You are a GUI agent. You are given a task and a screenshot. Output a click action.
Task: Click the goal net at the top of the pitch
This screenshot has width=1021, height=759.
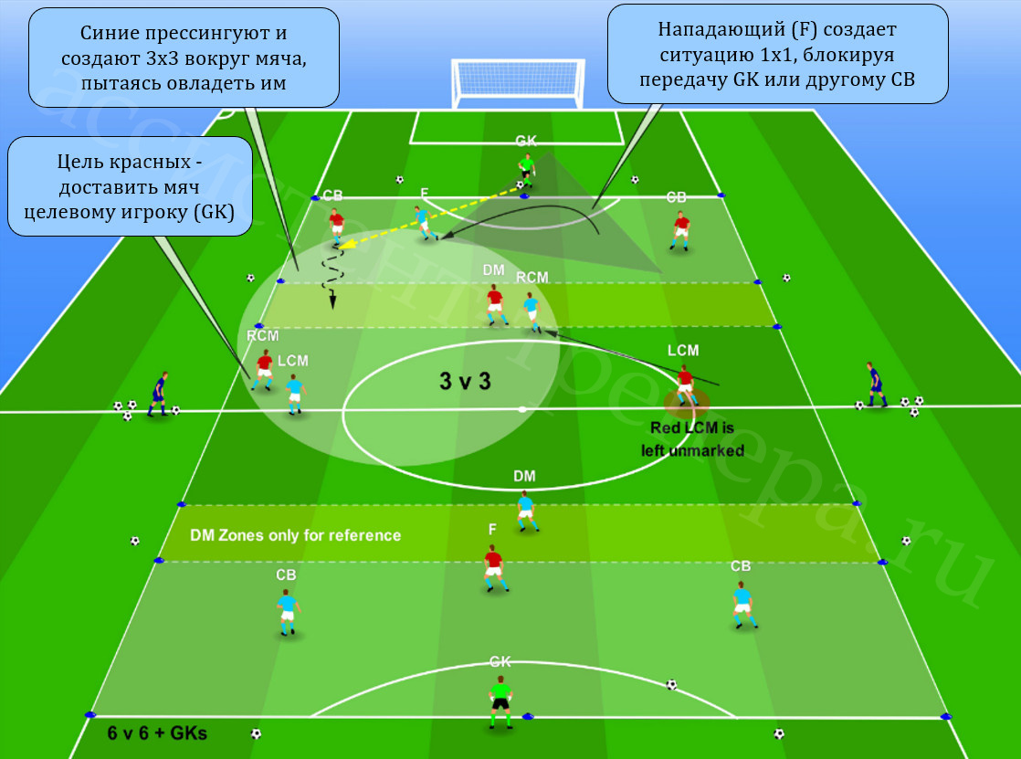pyautogui.click(x=518, y=83)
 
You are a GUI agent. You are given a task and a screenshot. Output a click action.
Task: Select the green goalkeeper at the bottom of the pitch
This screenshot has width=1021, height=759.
pyautogui.click(x=500, y=702)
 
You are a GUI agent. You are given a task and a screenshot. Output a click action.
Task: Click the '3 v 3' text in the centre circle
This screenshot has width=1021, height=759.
pyautogui.click(x=465, y=381)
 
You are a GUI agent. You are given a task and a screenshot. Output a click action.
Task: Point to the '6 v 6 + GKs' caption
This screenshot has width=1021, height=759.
pyautogui.click(x=157, y=733)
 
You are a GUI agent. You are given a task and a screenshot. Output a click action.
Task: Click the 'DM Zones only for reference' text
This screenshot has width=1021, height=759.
pyautogui.click(x=295, y=535)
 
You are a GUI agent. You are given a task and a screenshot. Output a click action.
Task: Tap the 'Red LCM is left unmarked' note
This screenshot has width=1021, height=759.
pyautogui.click(x=692, y=439)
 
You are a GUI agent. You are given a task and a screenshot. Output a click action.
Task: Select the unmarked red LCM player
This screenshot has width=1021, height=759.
pyautogui.click(x=685, y=385)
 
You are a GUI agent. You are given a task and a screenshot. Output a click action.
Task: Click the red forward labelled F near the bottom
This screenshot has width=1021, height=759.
pyautogui.click(x=494, y=568)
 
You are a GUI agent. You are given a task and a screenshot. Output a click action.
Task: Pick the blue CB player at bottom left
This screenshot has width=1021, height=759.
pyautogui.click(x=287, y=612)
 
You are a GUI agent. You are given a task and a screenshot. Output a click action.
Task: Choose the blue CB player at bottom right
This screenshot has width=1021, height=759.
pyautogui.click(x=743, y=606)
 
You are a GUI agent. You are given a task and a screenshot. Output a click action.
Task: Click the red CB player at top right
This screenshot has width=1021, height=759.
pyautogui.click(x=680, y=231)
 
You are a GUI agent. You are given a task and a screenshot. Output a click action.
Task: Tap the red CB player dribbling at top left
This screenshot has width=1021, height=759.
pyautogui.click(x=336, y=227)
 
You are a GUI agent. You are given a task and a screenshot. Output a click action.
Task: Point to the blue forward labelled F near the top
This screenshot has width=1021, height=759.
pyautogui.click(x=425, y=223)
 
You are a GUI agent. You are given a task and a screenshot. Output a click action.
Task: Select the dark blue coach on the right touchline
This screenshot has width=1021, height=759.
pyautogui.click(x=875, y=385)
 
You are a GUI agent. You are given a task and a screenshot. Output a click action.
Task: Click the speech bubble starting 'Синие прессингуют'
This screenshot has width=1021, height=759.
pyautogui.click(x=184, y=58)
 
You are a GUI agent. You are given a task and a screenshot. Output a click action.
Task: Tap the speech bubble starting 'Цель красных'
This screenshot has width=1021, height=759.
pyautogui.click(x=130, y=186)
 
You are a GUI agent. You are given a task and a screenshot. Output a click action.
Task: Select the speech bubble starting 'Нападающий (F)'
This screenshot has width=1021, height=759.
pyautogui.click(x=777, y=54)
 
